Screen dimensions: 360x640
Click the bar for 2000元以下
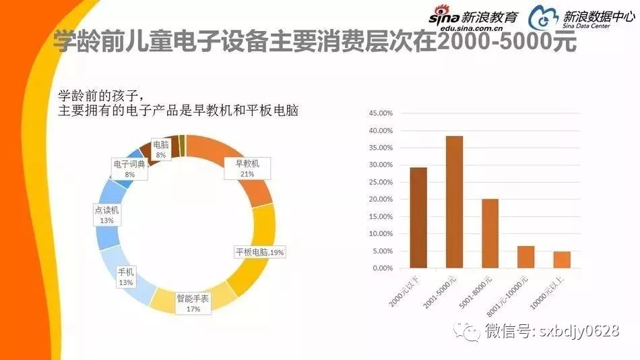pyautogui.click(x=418, y=218)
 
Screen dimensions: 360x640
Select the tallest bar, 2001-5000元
pyautogui.click(x=454, y=202)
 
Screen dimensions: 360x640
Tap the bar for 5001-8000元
pyautogui.click(x=490, y=233)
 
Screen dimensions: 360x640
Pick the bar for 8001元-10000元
pyautogui.click(x=526, y=257)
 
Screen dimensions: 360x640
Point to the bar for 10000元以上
pyautogui.click(x=562, y=260)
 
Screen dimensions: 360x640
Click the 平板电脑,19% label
pyautogui.click(x=259, y=252)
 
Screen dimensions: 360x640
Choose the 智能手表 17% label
pyautogui.click(x=193, y=301)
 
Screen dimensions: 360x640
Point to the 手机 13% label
pyautogui.click(x=126, y=277)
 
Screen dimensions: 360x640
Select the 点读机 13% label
pyautogui.click(x=107, y=215)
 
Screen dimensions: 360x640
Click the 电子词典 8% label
pyautogui.click(x=129, y=169)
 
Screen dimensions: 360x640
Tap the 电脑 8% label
pyautogui.click(x=161, y=150)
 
